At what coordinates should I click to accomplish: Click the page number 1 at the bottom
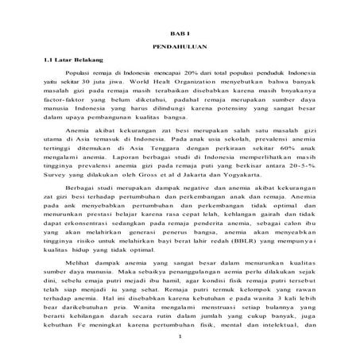pyautogui.click(x=180, y=356)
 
